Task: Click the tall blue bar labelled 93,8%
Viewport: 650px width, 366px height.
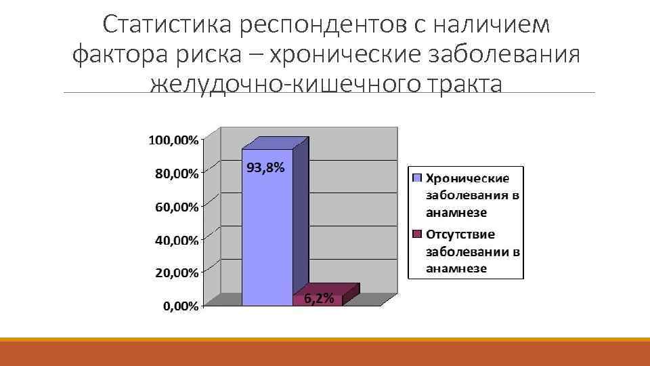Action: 267,230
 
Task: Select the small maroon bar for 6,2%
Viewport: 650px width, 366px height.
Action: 318,298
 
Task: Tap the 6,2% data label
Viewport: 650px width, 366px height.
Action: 318,299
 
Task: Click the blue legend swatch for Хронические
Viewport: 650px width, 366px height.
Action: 416,178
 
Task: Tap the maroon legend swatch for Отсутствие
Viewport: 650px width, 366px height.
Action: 416,235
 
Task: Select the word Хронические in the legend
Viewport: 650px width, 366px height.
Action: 467,178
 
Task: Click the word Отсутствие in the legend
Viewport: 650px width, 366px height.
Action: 460,235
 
